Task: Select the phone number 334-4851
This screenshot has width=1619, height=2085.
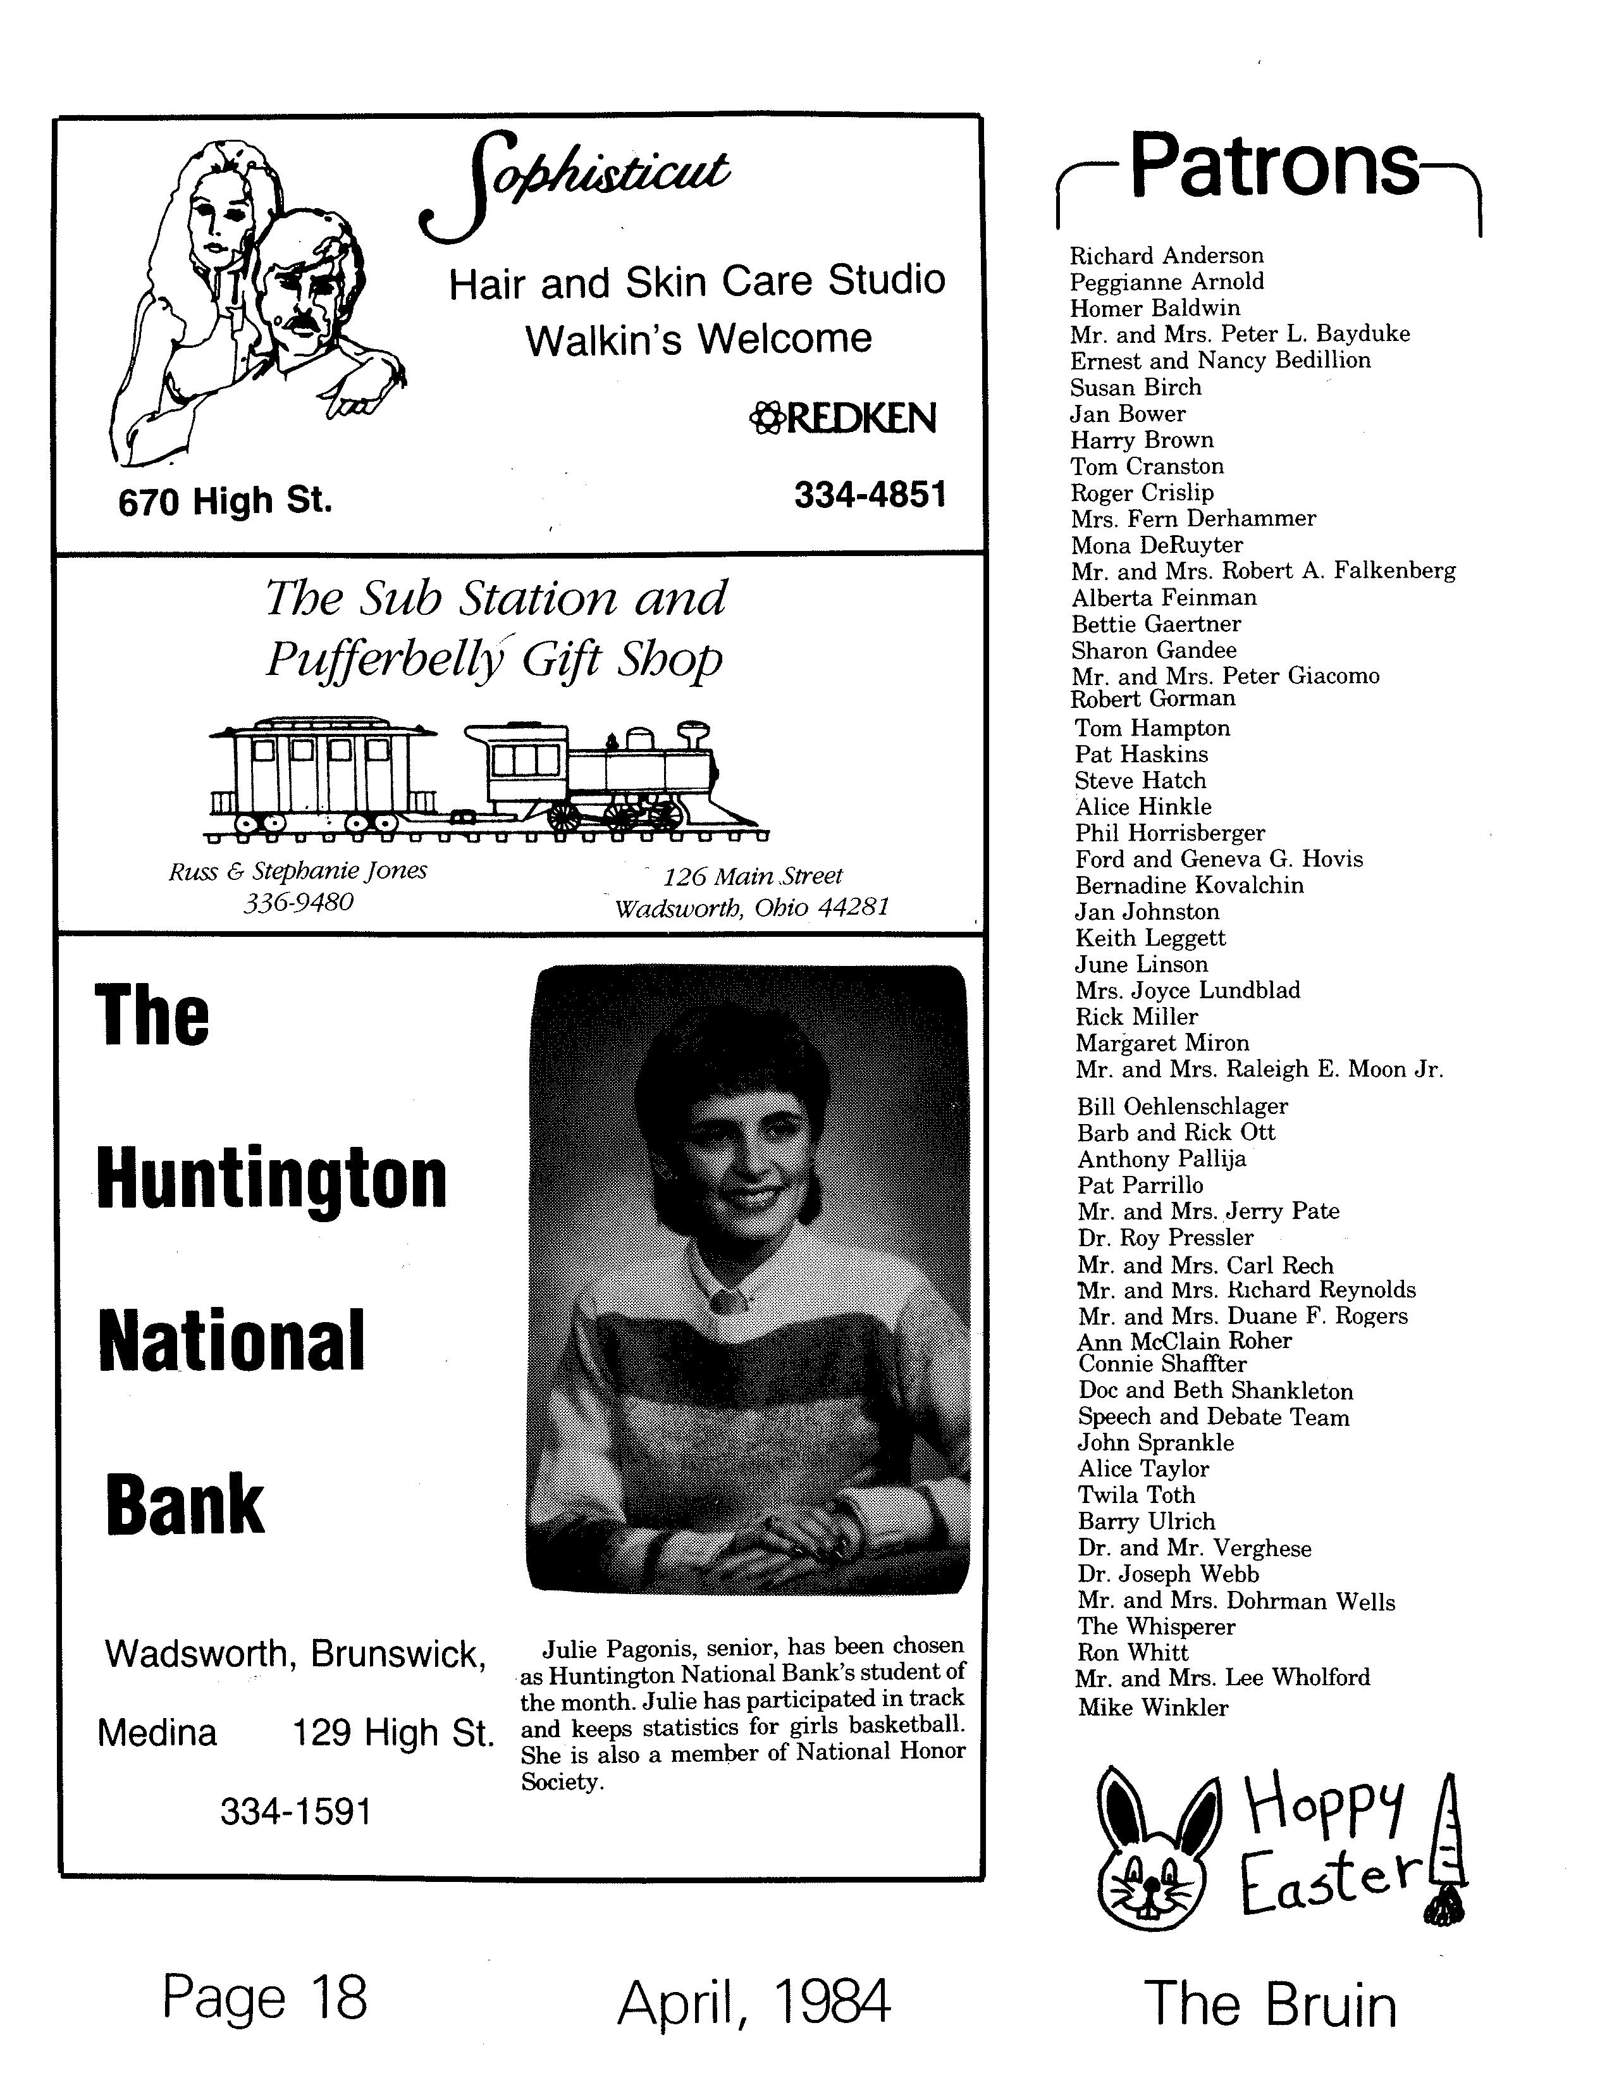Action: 870,495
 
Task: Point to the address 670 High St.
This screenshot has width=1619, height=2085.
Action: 225,500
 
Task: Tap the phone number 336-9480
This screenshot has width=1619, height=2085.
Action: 298,901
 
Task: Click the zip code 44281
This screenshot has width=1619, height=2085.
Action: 853,907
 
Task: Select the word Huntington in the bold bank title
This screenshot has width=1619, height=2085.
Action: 272,1179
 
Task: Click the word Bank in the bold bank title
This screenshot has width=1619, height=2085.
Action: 185,1504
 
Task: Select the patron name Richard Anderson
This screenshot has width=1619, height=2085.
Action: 1166,256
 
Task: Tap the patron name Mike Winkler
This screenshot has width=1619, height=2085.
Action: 1153,1708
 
